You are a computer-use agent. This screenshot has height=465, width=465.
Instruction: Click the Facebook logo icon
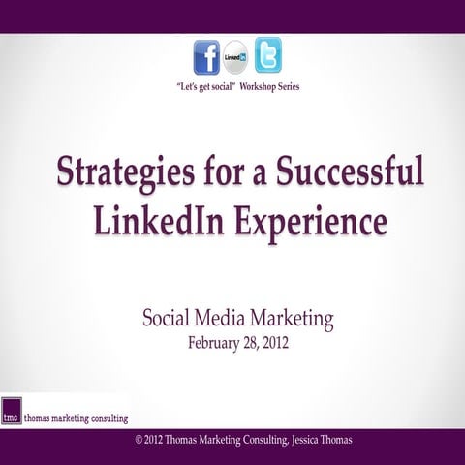pos(206,57)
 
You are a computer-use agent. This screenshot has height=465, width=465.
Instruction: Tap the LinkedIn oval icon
pos(235,57)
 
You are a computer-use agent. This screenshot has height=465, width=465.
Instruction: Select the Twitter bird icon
pos(267,54)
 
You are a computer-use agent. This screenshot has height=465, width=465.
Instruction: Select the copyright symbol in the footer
pos(139,441)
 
